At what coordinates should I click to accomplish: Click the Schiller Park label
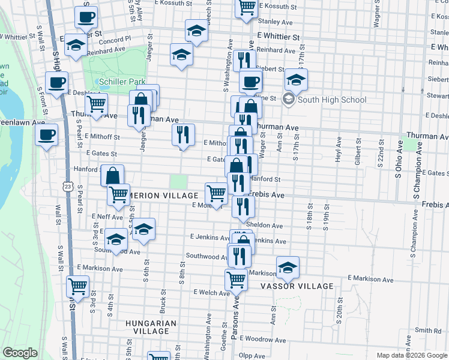[119, 81]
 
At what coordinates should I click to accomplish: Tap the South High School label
[333, 100]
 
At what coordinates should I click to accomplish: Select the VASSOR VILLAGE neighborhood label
[296, 287]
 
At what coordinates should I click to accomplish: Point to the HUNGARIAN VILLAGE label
[151, 327]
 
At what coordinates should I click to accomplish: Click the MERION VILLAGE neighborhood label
[165, 196]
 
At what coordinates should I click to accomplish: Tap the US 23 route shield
[67, 188]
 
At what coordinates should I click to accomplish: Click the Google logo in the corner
[20, 353]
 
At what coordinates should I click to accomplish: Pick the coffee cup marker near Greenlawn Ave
[46, 134]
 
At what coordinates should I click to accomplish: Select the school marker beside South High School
[296, 79]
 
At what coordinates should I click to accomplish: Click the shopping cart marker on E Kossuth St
[246, 7]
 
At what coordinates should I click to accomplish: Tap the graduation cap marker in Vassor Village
[288, 267]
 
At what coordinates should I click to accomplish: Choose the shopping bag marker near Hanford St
[112, 176]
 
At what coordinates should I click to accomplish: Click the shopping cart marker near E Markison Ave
[78, 286]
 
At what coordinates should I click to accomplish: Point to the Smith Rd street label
[429, 331]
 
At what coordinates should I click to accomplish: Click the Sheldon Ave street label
[268, 226]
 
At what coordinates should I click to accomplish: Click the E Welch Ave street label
[211, 293]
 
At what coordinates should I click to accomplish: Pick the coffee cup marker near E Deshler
[56, 82]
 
